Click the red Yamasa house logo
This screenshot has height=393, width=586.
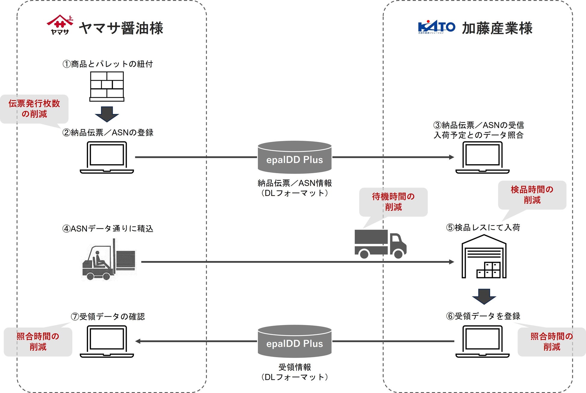[x=60, y=25]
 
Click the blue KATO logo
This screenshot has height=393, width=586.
[x=436, y=27]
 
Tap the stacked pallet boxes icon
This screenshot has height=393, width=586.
[x=107, y=86]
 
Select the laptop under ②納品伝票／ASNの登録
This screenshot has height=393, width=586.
[x=107, y=157]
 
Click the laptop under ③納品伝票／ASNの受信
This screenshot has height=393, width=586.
[x=482, y=157]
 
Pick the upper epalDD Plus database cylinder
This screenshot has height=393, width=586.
[x=295, y=157]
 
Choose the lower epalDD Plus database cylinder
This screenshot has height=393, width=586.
[x=295, y=341]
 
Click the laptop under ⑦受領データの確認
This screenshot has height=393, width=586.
[x=107, y=341]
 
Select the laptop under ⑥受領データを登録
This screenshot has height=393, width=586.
[x=482, y=341]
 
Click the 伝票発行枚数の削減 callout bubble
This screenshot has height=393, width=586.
[x=34, y=109]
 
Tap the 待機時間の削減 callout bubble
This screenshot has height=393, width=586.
[x=393, y=202]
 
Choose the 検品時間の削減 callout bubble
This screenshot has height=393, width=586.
[x=532, y=195]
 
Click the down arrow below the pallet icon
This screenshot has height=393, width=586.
[x=107, y=114]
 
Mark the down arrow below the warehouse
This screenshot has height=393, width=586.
[x=484, y=296]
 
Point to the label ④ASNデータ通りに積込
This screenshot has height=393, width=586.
[x=108, y=229]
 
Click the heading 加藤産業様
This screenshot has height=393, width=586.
[x=497, y=28]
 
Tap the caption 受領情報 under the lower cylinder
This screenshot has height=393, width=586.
[x=295, y=367]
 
